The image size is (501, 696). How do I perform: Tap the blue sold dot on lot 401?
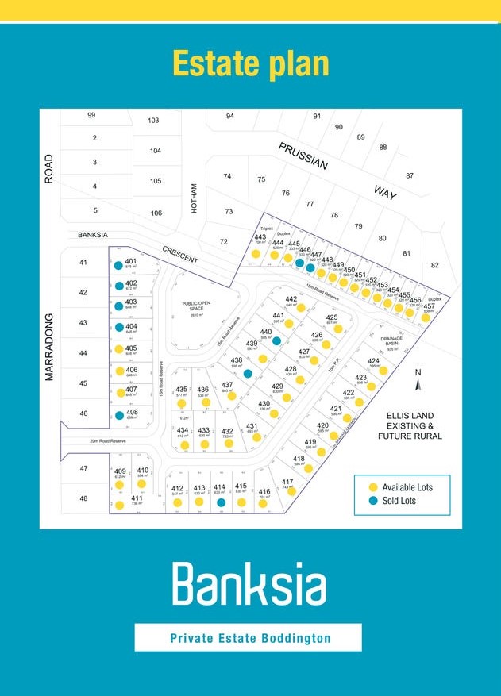point(118,266)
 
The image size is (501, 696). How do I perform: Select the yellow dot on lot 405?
point(119,349)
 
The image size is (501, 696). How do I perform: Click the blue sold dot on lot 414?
point(221,502)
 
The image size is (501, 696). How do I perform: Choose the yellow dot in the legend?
point(372,486)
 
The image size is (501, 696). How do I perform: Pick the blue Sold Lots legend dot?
point(372,501)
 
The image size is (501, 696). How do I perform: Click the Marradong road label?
point(49,347)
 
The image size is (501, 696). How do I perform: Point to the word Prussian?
point(303,156)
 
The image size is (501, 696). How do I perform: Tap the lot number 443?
point(260,237)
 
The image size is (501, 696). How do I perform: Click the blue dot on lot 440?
point(276,340)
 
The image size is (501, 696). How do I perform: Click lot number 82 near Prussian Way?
point(434,265)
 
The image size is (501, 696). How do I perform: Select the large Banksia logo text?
point(249,583)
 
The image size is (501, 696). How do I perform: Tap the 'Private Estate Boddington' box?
point(248,637)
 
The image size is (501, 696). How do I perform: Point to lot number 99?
point(91,116)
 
